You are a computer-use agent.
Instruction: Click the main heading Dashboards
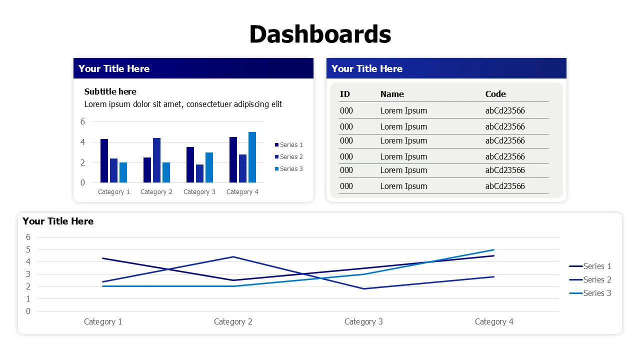click(320, 34)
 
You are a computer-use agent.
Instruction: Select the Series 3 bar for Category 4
click(252, 157)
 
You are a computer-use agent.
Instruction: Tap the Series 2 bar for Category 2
click(156, 160)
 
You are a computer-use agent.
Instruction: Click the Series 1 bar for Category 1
click(104, 160)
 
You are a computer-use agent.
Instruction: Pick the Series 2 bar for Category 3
click(199, 173)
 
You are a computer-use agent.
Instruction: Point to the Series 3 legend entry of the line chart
click(597, 293)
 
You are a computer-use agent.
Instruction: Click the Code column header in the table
click(495, 94)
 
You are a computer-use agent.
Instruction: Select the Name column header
click(392, 94)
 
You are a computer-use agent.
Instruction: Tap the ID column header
click(345, 94)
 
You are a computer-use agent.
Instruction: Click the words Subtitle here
click(110, 91)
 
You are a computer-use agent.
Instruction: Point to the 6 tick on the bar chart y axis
click(82, 121)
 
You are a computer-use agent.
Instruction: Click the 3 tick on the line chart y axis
click(28, 274)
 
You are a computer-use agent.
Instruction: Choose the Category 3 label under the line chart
click(363, 321)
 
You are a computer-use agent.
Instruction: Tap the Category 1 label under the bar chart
click(114, 192)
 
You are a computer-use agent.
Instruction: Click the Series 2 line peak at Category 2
click(233, 257)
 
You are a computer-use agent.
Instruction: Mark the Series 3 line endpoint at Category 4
click(494, 249)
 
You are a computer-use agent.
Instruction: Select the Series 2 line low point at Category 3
click(363, 288)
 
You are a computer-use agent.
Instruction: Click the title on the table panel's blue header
click(367, 69)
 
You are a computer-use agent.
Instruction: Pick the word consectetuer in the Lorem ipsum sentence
click(210, 104)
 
